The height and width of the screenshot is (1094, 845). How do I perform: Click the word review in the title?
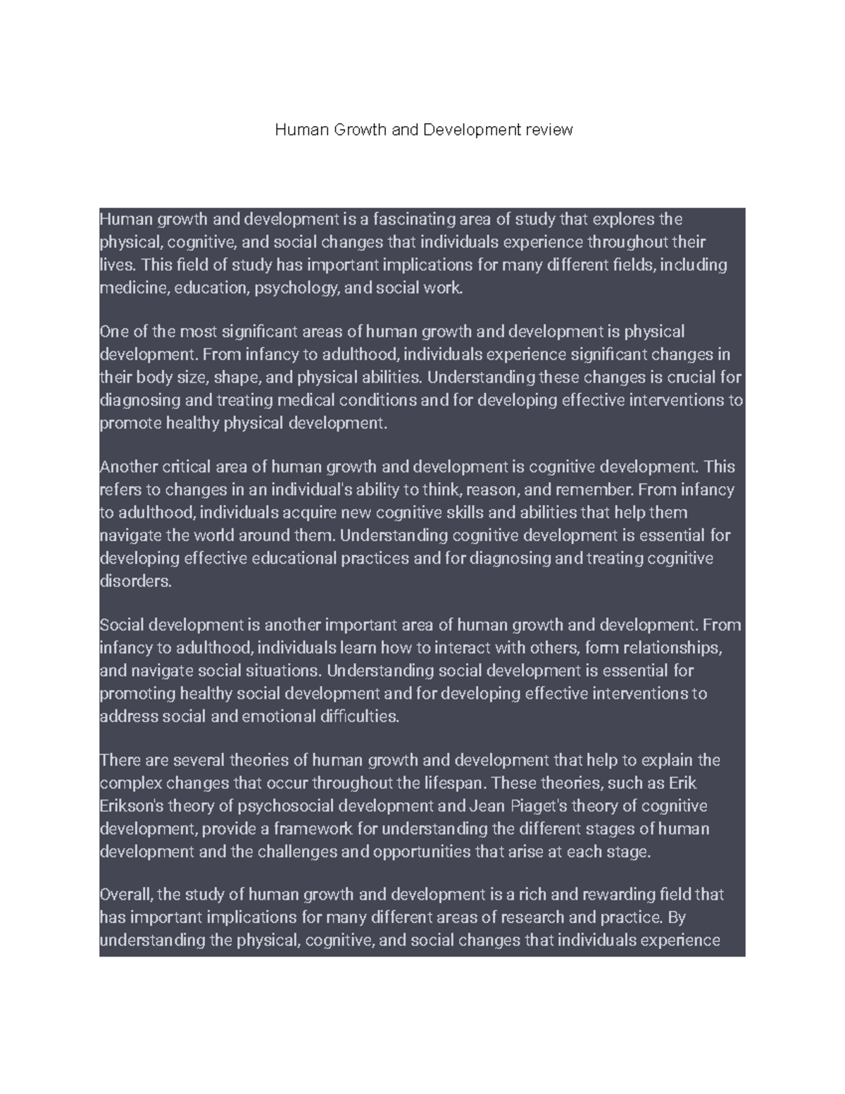[549, 130]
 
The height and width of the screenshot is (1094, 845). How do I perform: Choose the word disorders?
[135, 582]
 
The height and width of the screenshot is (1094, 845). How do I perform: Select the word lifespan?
[456, 783]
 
